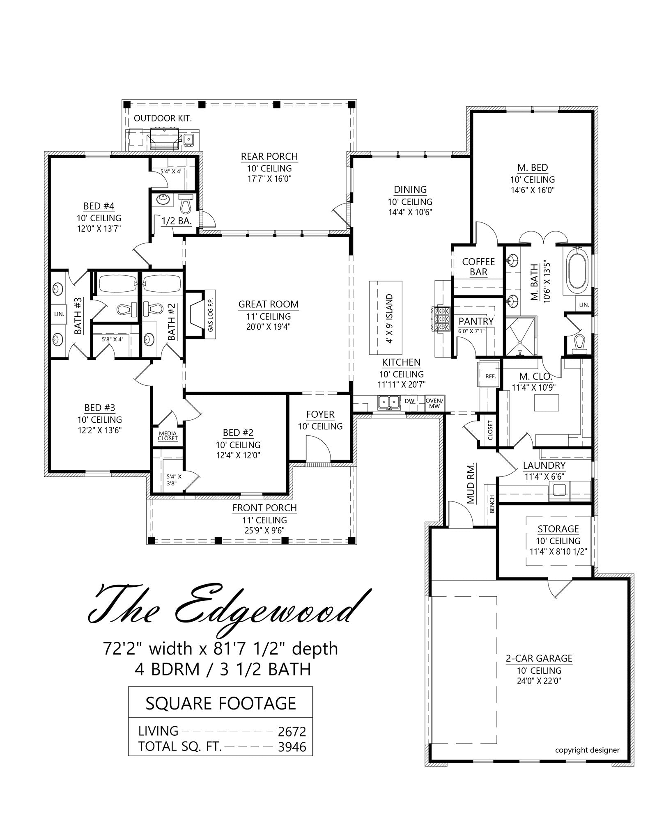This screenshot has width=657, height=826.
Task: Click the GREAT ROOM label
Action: (269, 304)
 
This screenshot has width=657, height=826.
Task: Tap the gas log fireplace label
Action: (211, 314)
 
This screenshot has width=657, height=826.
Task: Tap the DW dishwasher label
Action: (409, 401)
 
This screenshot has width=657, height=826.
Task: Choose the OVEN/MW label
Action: (434, 403)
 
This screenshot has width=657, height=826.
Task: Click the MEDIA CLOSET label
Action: (168, 436)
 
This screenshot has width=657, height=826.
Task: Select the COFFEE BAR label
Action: (478, 267)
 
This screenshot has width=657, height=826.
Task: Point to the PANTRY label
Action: (476, 321)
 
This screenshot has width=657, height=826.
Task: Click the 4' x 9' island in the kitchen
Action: (386, 318)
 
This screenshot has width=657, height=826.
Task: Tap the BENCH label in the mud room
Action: (492, 504)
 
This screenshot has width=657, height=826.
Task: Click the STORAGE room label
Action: (558, 529)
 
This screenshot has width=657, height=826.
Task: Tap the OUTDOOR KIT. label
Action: (163, 119)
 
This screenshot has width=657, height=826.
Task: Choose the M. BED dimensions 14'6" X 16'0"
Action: (533, 190)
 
